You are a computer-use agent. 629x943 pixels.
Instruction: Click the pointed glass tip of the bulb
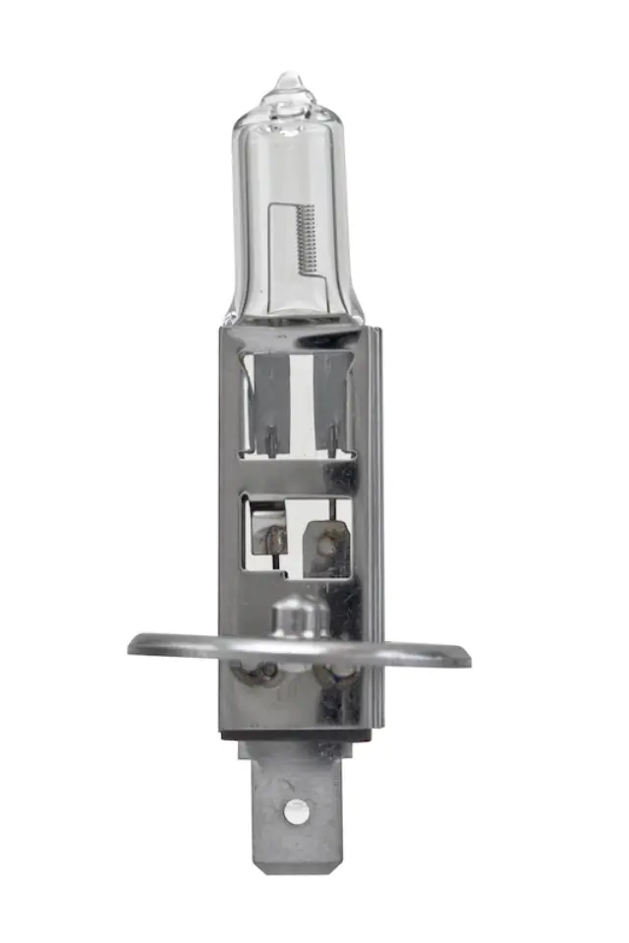click(289, 78)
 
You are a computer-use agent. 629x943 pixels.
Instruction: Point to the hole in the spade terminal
click(292, 811)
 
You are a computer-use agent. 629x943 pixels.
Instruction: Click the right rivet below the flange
click(337, 678)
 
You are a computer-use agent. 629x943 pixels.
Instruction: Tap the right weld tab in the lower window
click(325, 540)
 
